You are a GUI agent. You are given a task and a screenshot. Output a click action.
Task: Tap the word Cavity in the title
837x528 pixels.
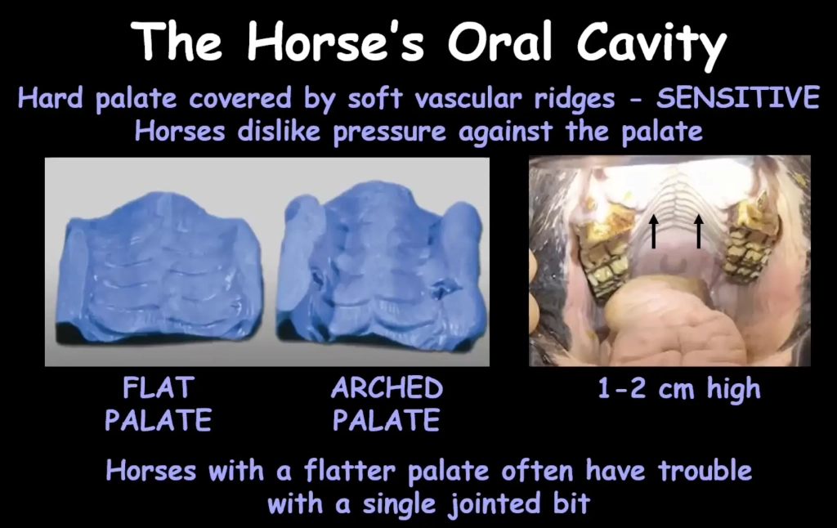(651, 46)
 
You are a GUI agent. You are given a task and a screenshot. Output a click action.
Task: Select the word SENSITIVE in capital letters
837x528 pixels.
(738, 98)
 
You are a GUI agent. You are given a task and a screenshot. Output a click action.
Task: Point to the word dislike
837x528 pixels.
(279, 131)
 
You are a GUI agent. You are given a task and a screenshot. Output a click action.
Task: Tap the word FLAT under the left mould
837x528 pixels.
(159, 388)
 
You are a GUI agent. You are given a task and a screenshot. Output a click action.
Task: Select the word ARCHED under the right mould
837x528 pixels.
(387, 388)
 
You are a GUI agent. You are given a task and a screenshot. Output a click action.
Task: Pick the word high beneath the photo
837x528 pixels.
(733, 389)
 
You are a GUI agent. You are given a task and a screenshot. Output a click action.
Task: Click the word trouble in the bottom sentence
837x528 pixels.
(705, 471)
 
